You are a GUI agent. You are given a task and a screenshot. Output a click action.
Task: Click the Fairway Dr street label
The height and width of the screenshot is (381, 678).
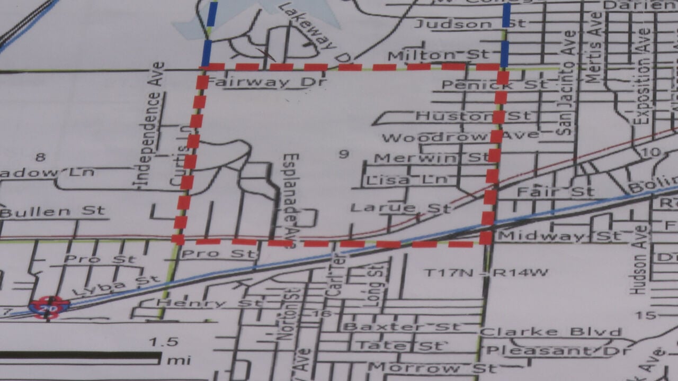click(265, 83)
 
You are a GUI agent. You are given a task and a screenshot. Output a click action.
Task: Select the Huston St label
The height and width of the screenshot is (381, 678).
click(472, 115)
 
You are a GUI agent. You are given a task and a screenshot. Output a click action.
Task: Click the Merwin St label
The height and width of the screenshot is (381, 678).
click(432, 158)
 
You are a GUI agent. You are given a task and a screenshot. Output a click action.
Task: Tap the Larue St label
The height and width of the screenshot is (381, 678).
click(400, 207)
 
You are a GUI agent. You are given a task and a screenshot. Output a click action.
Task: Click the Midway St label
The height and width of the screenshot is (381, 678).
click(559, 236)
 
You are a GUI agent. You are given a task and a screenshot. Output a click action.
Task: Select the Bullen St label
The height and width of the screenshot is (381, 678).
click(53, 212)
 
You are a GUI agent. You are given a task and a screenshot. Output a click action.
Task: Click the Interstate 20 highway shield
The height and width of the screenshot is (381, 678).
click(49, 307)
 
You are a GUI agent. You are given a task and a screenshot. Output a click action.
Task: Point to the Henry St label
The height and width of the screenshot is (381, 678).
click(209, 303)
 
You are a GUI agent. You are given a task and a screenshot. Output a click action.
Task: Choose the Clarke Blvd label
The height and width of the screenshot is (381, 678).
click(551, 332)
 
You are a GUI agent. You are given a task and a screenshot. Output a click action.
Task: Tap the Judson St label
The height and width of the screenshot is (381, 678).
click(469, 24)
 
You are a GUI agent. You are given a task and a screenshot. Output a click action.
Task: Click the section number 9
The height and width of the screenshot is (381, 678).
click(344, 154)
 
